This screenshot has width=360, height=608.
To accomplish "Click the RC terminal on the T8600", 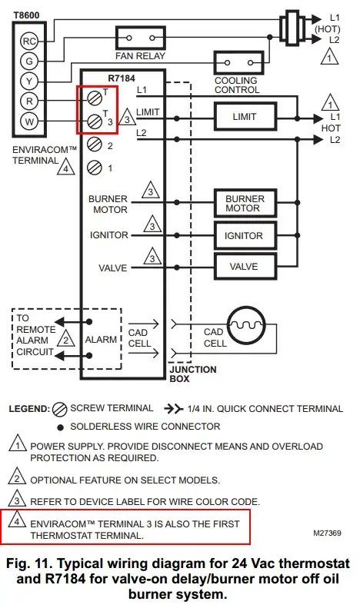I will coord(29,41).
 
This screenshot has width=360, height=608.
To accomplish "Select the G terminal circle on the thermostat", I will coord(29,61).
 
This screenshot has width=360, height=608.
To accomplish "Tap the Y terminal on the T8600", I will coord(29,81).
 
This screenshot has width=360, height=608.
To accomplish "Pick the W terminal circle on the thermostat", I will coord(29,120).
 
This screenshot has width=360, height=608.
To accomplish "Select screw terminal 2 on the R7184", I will coord(95,144).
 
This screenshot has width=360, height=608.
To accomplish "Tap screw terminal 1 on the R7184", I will coord(95,167).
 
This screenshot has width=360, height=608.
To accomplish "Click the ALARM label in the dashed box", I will coord(101,339).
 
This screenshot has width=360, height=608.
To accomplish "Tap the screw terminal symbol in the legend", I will coord(59,408).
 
